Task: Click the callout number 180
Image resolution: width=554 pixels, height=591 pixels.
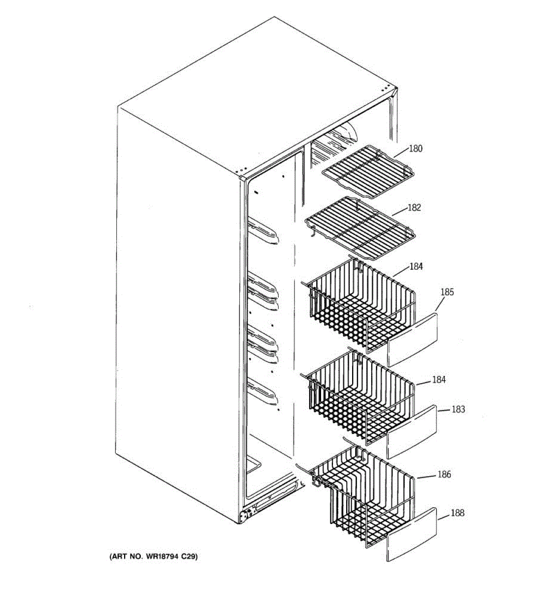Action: click(x=416, y=148)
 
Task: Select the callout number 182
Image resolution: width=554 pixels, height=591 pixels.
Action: click(x=414, y=207)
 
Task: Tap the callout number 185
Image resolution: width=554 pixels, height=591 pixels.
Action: click(x=447, y=292)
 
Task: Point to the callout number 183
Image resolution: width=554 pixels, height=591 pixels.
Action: click(x=458, y=409)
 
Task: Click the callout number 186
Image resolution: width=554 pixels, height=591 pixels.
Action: click(x=444, y=474)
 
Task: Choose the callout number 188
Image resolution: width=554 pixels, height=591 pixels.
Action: click(x=457, y=513)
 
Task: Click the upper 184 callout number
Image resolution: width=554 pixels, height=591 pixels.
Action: click(x=416, y=266)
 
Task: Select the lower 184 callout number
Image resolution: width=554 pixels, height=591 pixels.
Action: click(x=439, y=380)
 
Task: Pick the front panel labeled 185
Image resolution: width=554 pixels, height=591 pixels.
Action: click(x=412, y=339)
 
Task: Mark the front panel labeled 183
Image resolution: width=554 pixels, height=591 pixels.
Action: click(x=412, y=432)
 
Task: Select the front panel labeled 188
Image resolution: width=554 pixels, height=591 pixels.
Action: click(x=412, y=534)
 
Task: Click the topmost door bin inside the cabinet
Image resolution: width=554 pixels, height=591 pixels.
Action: click(x=264, y=232)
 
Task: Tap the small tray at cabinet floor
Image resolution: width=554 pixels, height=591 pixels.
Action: click(x=253, y=465)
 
